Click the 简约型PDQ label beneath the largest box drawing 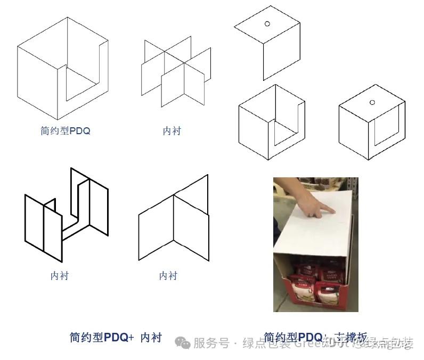tap(66, 130)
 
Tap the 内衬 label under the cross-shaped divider tap(172, 130)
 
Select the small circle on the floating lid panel tap(267, 23)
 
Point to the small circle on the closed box tap(372, 102)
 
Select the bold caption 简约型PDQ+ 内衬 tap(115, 337)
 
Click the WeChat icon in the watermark tap(184, 343)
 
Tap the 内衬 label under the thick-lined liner tap(60, 275)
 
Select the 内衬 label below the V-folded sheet tap(168, 275)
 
